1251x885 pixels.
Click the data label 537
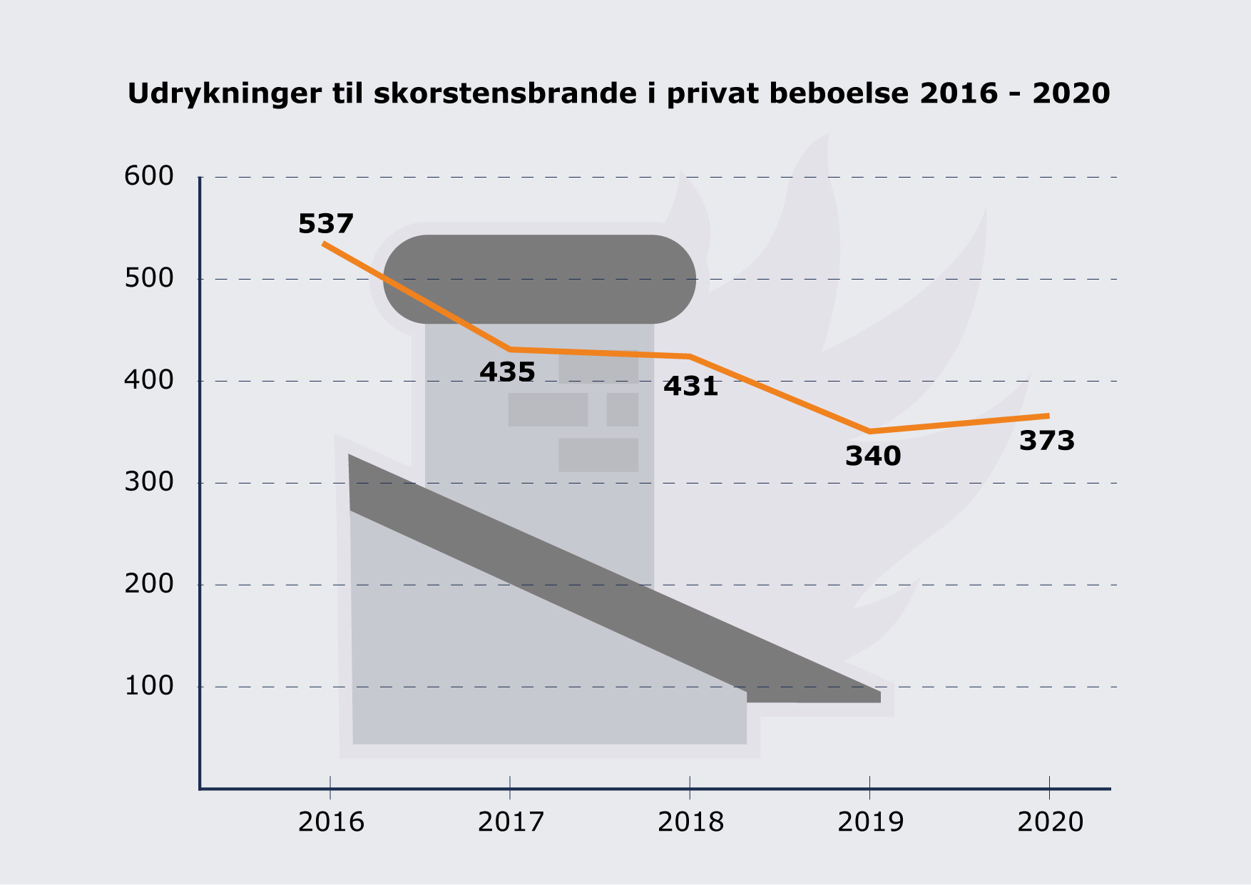[326, 224]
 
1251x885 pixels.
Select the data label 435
[507, 372]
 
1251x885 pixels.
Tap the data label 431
[690, 387]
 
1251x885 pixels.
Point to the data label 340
[873, 456]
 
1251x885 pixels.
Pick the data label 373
[1046, 441]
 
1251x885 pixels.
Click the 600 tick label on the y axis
[149, 176]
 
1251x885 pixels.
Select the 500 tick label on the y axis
[149, 278]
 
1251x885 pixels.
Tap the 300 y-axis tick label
[149, 482]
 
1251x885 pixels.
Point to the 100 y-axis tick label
[149, 686]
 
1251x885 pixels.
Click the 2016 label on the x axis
[331, 822]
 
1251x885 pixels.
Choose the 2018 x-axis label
[690, 822]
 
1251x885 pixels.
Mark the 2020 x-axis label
[1050, 822]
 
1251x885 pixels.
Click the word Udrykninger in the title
[224, 94]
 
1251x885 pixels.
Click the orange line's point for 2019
[870, 431]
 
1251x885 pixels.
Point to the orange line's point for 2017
[510, 349]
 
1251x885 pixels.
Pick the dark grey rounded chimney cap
[540, 279]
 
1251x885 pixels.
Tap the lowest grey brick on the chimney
[598, 455]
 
